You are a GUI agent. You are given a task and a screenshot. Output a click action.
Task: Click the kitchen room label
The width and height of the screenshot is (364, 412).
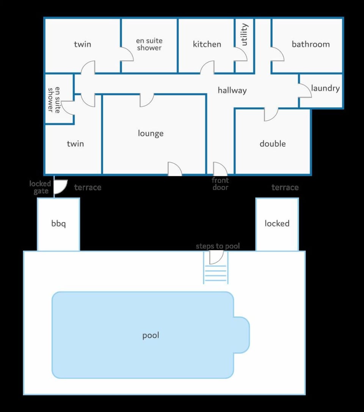pos(207,44)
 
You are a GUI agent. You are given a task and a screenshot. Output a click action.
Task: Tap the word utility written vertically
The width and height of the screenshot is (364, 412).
pos(244,34)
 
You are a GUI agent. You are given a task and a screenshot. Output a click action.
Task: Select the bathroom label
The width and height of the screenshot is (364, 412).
pos(311,44)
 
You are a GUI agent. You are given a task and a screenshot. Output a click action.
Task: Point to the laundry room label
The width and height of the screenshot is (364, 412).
pos(325,88)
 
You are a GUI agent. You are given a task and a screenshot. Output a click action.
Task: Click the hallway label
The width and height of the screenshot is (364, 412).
pos(232,90)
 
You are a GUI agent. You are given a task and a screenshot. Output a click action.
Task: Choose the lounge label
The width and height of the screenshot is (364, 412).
pos(151,133)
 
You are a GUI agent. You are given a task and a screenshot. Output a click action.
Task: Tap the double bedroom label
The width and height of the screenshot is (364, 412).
pos(273,144)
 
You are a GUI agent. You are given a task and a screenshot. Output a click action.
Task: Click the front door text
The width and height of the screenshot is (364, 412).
pos(220,184)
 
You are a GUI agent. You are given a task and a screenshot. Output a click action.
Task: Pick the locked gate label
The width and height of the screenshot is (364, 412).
pos(40,187)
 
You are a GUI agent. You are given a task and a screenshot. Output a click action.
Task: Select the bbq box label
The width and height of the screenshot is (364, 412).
pos(58,224)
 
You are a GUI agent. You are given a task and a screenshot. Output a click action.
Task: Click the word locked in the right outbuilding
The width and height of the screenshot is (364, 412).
pos(277,223)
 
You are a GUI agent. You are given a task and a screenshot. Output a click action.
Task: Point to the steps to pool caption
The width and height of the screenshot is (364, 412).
pos(218,246)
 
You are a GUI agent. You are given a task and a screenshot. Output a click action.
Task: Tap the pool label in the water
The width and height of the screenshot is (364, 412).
pos(151,335)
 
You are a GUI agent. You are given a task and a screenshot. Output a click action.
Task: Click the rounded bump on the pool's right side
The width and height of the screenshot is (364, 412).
pos(242,335)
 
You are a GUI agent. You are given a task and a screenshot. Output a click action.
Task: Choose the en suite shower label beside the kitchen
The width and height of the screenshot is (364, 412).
pos(149,44)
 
